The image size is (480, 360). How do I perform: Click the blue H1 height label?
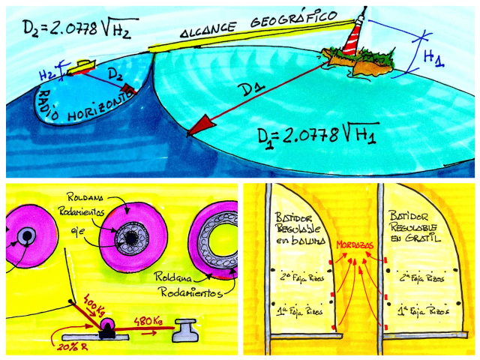(433, 58)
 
